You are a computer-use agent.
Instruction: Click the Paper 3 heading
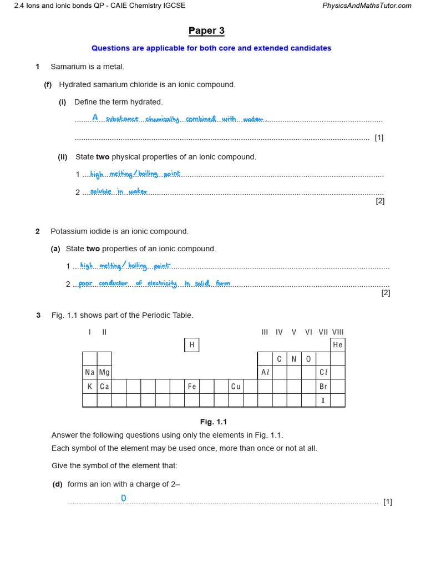coord(206,31)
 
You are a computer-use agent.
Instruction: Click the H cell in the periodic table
coord(191,345)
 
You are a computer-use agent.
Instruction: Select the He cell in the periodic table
coord(337,345)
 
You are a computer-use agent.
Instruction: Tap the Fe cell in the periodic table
coord(191,387)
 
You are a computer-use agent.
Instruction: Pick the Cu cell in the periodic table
coord(236,387)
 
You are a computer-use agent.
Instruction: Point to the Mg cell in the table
coord(104,373)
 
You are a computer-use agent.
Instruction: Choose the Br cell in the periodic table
coord(323,387)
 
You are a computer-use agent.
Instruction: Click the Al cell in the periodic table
coord(265,373)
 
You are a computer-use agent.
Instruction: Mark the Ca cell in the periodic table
coord(104,387)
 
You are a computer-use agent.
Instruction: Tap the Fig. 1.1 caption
coord(214,422)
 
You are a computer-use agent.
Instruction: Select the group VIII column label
coord(338,332)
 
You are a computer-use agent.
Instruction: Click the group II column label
coord(104,332)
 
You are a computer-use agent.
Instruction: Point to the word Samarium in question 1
coord(69,67)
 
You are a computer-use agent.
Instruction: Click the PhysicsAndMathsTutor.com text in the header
coord(367,6)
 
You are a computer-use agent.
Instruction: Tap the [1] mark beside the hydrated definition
coord(379,138)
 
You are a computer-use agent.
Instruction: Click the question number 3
coord(38,316)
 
